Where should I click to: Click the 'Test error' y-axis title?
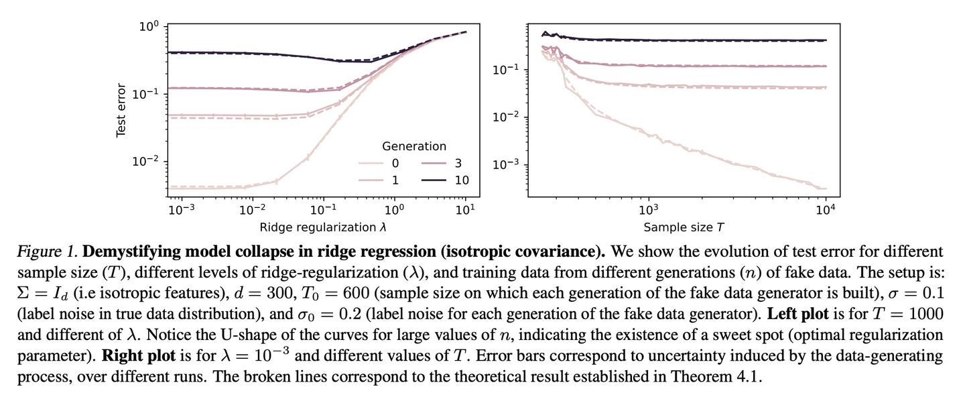point(121,111)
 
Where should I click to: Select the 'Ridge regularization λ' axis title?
point(323,227)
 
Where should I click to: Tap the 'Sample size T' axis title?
point(684,227)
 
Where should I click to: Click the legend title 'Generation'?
point(413,146)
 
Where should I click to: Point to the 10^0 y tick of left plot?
point(148,27)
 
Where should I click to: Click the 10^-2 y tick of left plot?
point(145,162)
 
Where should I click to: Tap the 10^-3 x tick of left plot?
point(182,209)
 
